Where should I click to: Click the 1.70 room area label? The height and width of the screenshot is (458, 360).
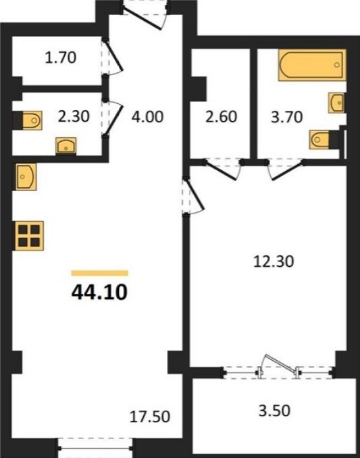tap(61, 57)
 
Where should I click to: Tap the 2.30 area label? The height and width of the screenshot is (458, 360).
tap(74, 116)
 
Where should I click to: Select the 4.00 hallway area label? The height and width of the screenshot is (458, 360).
tap(147, 117)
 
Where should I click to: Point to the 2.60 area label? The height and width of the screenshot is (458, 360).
tap(221, 117)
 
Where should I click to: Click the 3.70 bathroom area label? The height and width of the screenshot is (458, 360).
tap(286, 117)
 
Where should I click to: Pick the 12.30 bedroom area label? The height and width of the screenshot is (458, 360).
tap(274, 261)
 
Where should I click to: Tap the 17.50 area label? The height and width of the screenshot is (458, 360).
tap(150, 417)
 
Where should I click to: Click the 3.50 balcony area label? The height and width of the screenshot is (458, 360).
tap(274, 411)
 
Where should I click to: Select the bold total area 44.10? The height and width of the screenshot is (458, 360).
tap(99, 292)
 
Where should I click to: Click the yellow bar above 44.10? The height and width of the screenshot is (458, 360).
tap(99, 273)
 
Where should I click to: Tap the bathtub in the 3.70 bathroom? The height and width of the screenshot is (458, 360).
tap(312, 65)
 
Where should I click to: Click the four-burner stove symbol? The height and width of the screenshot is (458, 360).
tap(29, 236)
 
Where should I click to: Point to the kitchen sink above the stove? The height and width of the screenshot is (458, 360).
tap(26, 177)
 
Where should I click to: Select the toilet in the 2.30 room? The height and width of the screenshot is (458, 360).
tap(32, 120)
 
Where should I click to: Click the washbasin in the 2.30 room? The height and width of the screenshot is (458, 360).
tap(66, 145)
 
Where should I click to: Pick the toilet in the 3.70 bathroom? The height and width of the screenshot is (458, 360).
tap(319, 140)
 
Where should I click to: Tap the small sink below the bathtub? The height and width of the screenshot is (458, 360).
tap(336, 103)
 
